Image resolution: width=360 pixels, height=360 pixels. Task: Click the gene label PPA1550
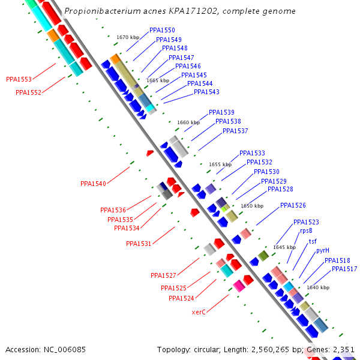(x=162, y=31)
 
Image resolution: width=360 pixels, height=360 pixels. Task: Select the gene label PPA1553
(x=19, y=79)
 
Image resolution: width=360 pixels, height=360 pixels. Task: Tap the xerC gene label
(x=199, y=312)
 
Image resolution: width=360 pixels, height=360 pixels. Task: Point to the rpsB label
(x=306, y=230)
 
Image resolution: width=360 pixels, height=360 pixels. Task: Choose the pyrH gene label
(x=323, y=250)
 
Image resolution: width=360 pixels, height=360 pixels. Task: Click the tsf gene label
(x=313, y=241)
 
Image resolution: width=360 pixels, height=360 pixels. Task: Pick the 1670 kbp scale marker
(x=128, y=37)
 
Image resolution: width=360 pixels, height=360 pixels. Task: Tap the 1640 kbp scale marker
(x=318, y=287)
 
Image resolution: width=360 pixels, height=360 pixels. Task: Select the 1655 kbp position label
(x=220, y=164)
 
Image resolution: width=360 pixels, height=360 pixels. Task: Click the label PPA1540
(x=93, y=184)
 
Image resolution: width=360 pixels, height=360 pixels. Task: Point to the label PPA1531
(x=139, y=244)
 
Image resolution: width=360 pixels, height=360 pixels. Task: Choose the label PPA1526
(x=293, y=205)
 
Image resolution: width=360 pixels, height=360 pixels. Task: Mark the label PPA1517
(x=344, y=269)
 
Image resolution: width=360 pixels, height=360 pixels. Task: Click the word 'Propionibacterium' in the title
(x=98, y=11)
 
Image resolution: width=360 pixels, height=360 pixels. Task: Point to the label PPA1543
(x=206, y=92)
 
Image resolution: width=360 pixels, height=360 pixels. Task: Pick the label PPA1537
(x=235, y=131)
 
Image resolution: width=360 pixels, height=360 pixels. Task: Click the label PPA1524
(x=181, y=298)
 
